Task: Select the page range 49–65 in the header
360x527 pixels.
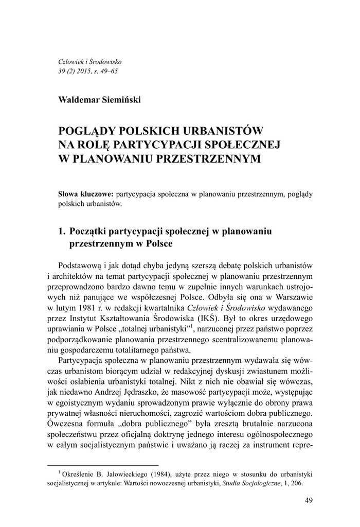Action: point(107,71)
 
